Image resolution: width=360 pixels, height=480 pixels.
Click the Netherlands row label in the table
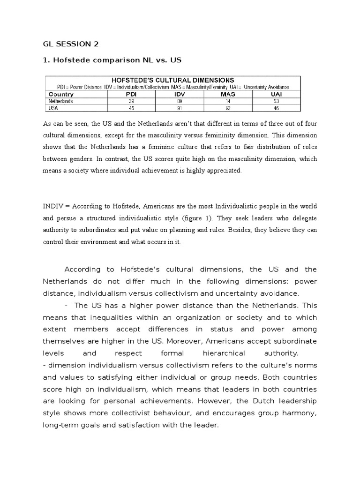pyautogui.click(x=60, y=101)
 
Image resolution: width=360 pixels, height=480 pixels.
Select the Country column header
pyautogui.click(x=61, y=94)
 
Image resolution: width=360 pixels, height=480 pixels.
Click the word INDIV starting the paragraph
pyautogui.click(x=53, y=206)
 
